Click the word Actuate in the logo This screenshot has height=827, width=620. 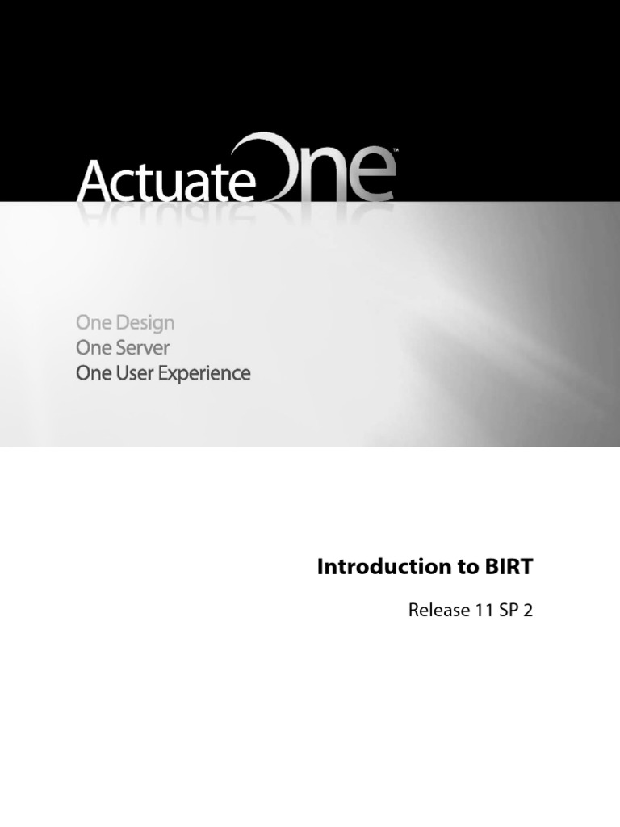(165, 182)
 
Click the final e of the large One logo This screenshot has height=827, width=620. (371, 178)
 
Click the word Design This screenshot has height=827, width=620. (145, 323)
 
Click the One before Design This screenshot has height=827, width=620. (93, 323)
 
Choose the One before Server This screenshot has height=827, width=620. (93, 348)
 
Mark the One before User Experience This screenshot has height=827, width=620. (93, 374)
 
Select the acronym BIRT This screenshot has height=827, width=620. (509, 567)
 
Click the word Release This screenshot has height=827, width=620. (437, 611)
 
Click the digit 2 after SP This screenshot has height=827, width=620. (529, 611)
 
